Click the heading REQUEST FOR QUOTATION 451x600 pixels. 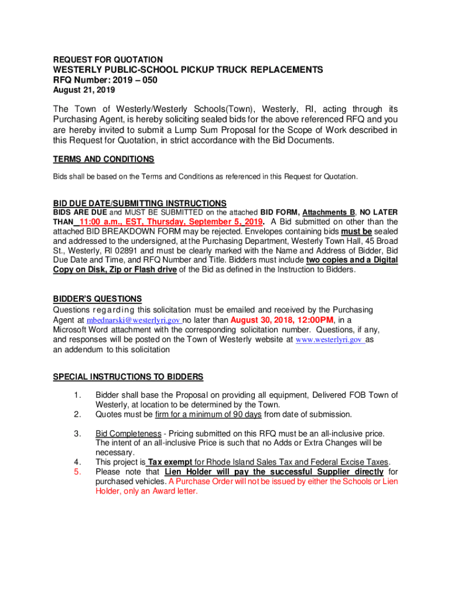tap(108, 60)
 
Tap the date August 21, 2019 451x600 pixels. tap(84, 90)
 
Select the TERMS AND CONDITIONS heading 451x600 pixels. tap(104, 159)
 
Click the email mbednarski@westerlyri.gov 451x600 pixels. tap(134, 321)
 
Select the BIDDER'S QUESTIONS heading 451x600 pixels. tap(97, 299)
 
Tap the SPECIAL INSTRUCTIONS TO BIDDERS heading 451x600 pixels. tap(128, 376)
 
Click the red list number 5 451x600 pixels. tap(77, 472)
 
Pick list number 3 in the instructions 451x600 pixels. tap(77, 434)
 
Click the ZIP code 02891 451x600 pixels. tap(115, 250)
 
